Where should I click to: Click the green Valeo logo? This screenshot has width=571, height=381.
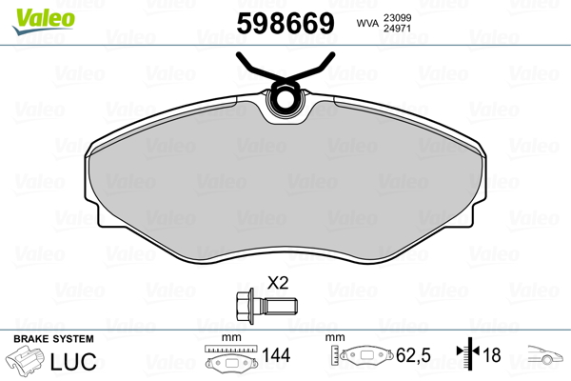[44, 21]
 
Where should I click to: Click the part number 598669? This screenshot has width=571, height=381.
[285, 23]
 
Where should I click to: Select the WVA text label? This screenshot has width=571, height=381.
[367, 23]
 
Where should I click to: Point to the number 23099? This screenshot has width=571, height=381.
[397, 17]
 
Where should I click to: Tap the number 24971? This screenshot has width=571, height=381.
[397, 28]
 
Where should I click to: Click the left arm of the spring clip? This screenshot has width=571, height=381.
[255, 69]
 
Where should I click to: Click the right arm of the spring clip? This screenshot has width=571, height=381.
[314, 69]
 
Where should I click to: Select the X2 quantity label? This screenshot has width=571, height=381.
[278, 283]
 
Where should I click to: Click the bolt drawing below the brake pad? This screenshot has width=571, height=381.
[266, 306]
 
